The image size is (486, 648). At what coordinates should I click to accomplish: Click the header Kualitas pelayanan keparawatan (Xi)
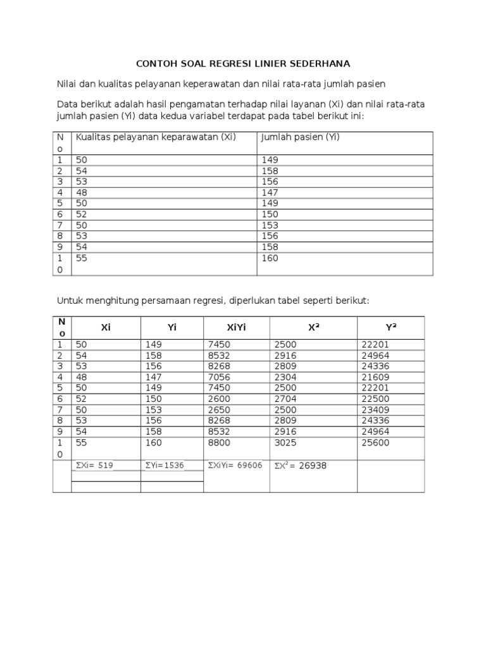pyautogui.click(x=156, y=137)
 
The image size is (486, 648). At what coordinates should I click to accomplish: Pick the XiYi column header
pyautogui.click(x=236, y=327)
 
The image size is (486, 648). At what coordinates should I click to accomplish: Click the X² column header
pyautogui.click(x=313, y=327)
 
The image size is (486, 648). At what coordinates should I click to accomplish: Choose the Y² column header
pyautogui.click(x=390, y=327)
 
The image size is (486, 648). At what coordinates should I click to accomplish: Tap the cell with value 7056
pyautogui.click(x=218, y=377)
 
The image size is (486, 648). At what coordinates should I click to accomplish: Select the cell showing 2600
pyautogui.click(x=218, y=399)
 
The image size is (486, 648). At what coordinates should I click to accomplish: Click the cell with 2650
pyautogui.click(x=218, y=409)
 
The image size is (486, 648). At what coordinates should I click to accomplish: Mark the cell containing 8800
pyautogui.click(x=218, y=443)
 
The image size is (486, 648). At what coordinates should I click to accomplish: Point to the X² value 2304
pyautogui.click(x=284, y=377)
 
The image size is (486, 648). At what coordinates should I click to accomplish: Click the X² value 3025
pyautogui.click(x=284, y=443)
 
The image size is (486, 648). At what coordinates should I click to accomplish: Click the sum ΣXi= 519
pyautogui.click(x=94, y=465)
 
